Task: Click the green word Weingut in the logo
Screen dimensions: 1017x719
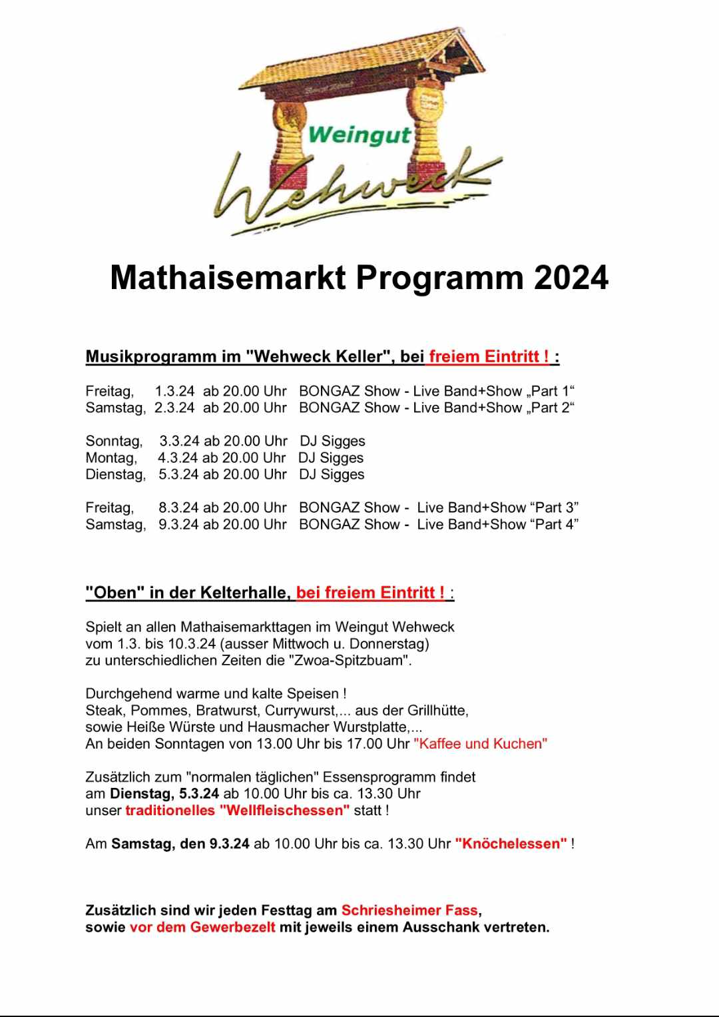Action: click(x=360, y=135)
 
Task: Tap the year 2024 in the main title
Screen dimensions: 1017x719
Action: click(x=571, y=278)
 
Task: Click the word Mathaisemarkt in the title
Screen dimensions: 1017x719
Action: click(x=228, y=278)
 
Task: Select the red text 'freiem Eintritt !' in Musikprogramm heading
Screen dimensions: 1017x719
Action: click(x=489, y=356)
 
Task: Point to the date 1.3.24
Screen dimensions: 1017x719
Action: click(x=174, y=391)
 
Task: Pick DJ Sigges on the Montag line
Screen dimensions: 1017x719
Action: click(x=331, y=458)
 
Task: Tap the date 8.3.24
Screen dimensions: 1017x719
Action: click(x=178, y=508)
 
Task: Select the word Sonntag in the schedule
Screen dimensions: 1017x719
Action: click(x=113, y=441)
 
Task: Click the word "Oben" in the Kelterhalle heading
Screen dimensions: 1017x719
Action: click(x=115, y=593)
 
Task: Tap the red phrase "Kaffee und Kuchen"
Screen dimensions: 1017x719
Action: click(x=480, y=744)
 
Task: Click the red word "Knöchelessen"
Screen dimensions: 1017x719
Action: click(x=511, y=844)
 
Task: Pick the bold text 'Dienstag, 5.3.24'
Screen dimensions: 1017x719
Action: click(x=164, y=794)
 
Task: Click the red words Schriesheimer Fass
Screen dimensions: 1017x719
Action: click(x=409, y=910)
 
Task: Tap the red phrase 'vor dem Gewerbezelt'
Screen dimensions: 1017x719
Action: click(x=202, y=927)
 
